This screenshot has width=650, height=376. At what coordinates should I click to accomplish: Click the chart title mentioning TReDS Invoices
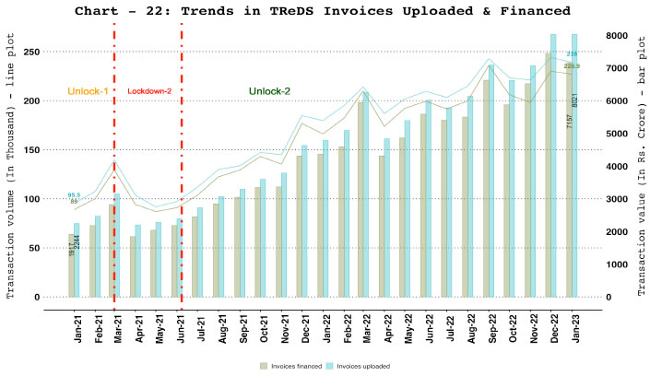point(325,10)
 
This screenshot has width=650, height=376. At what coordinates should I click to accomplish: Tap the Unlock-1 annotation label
point(87,91)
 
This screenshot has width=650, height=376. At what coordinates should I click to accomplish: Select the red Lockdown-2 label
point(148,91)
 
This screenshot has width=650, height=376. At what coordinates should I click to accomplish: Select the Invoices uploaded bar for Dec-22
point(553,166)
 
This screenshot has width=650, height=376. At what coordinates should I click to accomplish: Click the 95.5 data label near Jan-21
point(75,194)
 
